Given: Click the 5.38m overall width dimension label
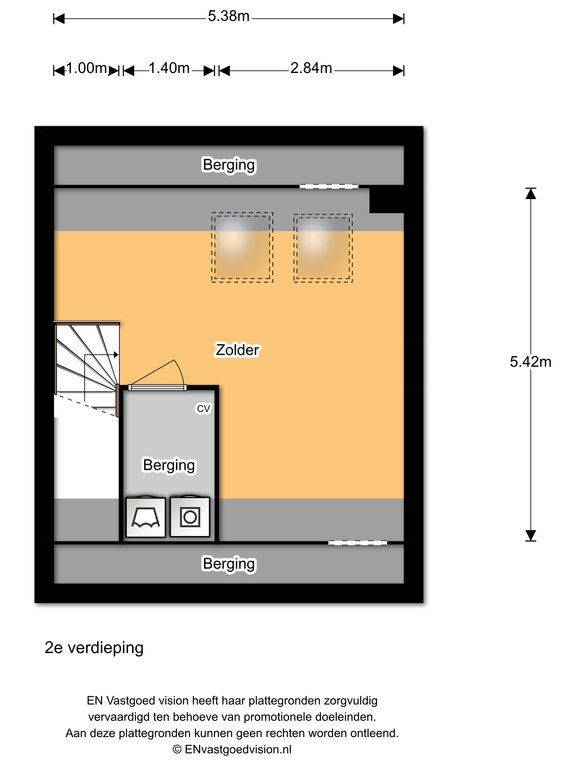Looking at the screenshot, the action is coord(228,16).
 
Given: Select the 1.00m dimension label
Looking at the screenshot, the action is coord(86,68).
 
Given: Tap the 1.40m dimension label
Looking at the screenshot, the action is coord(169,68).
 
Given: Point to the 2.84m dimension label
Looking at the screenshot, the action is coord(311,68).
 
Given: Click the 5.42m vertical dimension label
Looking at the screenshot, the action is coord(530,362).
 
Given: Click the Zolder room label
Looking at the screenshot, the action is coord(238,350).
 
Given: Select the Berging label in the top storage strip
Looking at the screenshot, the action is coord(229,165).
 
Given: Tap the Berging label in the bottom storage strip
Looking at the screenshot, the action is coord(229,564).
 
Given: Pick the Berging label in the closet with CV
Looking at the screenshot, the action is coord(168,465).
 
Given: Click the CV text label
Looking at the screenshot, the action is coord(203,408).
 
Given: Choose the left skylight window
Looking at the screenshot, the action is coord(242,247).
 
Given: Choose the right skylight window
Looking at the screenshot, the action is coord(323,248).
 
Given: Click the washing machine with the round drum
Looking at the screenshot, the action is coord(190,517).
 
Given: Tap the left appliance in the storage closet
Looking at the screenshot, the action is coord(145,517).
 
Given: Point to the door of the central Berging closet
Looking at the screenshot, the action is coord(157,387).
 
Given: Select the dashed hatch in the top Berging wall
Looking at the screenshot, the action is coord(329,187).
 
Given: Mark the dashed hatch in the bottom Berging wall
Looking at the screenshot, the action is coord(358,543).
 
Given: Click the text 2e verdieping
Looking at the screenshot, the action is coord(94,648).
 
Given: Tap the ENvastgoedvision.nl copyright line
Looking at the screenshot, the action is coord(232,749).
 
